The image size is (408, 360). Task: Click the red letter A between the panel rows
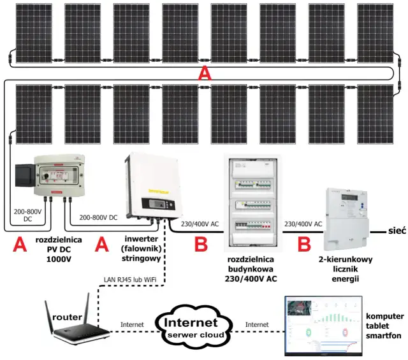point(204,74)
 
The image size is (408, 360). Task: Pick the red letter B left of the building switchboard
point(201,244)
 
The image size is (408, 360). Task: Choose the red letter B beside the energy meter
point(304,244)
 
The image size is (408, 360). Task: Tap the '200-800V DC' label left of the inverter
point(99,217)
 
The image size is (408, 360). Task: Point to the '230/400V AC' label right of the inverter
point(200,224)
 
